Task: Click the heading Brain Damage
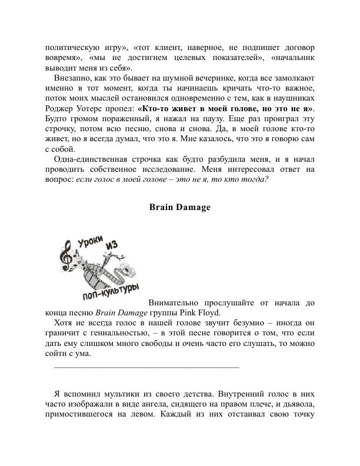tap(180, 207)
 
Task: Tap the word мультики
tap(115, 393)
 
